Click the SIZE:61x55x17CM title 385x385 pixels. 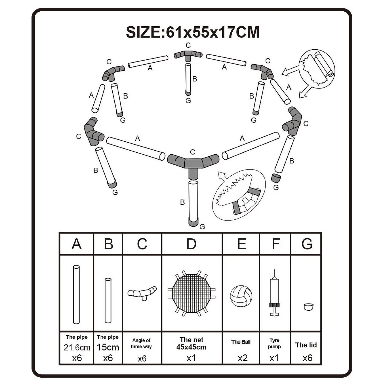point(193,32)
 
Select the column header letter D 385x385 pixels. point(191,244)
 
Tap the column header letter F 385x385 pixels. point(275,244)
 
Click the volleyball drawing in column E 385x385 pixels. point(241,296)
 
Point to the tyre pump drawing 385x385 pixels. point(274,293)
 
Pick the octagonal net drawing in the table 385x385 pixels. point(191,293)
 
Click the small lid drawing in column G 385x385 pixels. point(308,307)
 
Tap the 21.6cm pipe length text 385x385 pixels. point(77,348)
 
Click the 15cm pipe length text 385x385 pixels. point(108,347)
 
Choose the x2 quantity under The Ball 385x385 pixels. point(242,358)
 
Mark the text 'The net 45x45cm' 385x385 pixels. point(191,343)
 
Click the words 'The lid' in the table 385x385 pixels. point(306,345)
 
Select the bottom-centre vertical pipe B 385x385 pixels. point(193,200)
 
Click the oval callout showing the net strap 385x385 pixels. point(239,195)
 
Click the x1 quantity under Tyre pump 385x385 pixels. point(274,358)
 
